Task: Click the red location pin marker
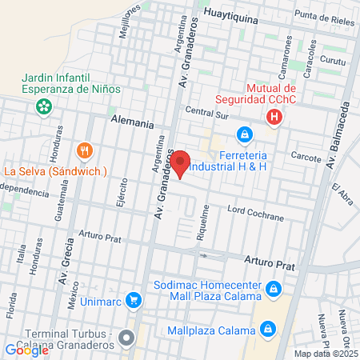coord(181,163)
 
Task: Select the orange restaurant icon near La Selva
coord(84,150)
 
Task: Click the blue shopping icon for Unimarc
coord(134,301)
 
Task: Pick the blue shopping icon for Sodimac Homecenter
coord(274,287)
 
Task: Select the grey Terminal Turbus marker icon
coord(126,338)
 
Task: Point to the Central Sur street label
coord(206,110)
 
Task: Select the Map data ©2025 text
coord(326,354)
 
